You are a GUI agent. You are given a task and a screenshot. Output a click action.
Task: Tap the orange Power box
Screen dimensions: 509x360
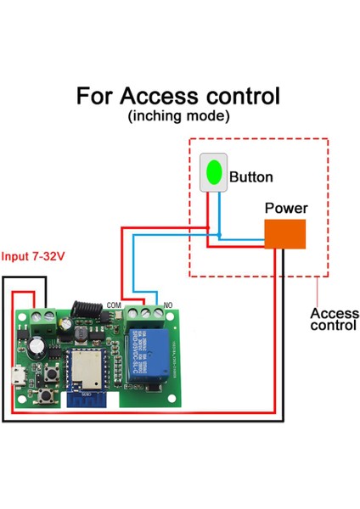point(284,234)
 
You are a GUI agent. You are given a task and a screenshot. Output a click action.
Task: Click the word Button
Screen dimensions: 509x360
point(251,177)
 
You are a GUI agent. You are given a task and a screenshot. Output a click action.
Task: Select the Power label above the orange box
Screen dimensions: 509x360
point(286,208)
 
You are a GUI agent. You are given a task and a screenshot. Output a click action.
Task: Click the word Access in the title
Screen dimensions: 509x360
point(155,95)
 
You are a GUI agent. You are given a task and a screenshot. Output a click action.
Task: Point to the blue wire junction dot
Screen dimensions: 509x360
point(218,234)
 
